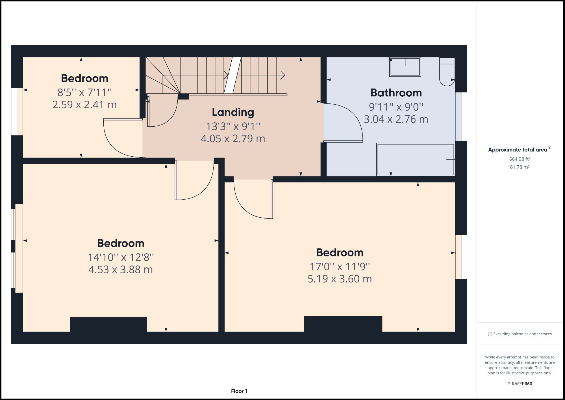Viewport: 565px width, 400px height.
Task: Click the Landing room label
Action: coord(233,112)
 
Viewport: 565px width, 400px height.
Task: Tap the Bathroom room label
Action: coord(396,93)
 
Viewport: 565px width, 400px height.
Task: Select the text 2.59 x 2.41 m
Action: coord(84,105)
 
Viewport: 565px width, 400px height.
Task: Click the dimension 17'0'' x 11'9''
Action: coord(340,267)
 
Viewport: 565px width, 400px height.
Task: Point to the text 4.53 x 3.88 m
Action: coord(120,269)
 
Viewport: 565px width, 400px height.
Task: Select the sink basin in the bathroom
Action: coord(405,67)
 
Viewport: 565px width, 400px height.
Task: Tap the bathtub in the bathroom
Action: coord(415,159)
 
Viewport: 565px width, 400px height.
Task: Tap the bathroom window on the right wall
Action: coord(461,116)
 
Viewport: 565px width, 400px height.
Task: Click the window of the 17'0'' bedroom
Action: coord(461,257)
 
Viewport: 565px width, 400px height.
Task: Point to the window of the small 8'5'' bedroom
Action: coord(17,112)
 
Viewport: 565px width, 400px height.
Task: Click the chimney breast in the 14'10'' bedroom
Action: coord(108,324)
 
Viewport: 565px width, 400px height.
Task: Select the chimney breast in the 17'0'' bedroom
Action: coord(343,324)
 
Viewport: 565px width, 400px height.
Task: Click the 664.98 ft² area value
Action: coord(520,159)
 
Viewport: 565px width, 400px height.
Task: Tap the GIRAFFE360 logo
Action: coord(520,384)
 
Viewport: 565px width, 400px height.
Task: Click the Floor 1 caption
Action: coord(239,391)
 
